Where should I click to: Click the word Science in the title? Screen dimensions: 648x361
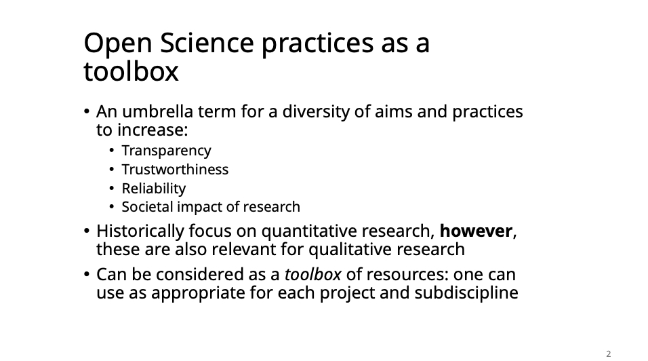207,43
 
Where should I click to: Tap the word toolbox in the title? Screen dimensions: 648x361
131,71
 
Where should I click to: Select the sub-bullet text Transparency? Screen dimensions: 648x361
166,151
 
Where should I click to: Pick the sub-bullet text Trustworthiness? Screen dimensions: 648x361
175,170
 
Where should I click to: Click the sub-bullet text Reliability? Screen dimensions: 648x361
154,189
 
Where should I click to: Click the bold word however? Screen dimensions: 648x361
476,231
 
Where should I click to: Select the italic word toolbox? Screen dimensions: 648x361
313,274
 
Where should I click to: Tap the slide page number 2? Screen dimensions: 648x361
608,354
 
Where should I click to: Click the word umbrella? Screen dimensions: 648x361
157,112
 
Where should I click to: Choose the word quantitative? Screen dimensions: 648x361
309,231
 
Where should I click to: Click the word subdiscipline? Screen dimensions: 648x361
466,293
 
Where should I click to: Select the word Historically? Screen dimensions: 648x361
140,231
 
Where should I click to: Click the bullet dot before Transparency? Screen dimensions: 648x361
112,151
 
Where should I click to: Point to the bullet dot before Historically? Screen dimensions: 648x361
86,231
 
